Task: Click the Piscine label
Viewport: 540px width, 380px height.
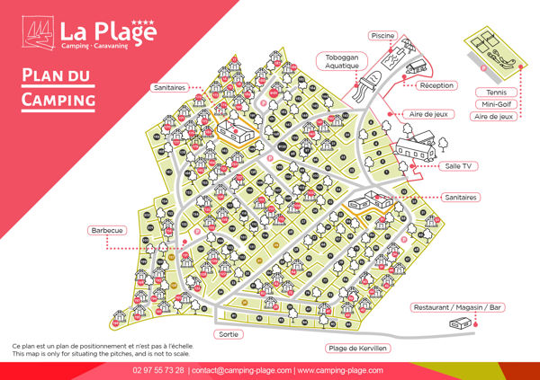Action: click(382, 36)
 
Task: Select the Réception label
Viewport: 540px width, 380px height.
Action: click(438, 85)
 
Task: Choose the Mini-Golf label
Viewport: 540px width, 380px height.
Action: click(493, 104)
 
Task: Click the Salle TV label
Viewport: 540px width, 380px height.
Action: click(459, 166)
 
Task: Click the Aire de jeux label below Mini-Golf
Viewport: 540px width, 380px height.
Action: click(493, 116)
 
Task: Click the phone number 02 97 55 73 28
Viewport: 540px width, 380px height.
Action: click(158, 370)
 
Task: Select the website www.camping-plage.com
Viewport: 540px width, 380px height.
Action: click(340, 370)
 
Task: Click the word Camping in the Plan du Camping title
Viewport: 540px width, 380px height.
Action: click(58, 98)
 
